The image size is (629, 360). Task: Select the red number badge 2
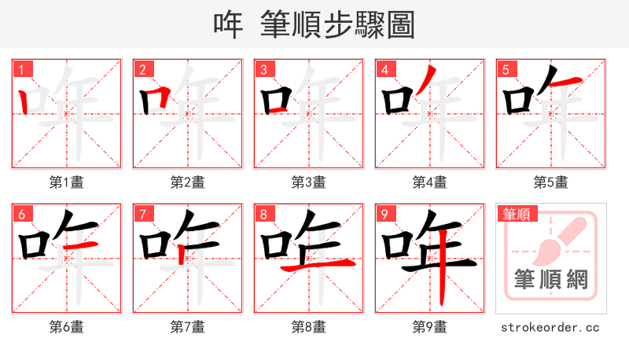(x=142, y=69)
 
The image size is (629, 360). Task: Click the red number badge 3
(x=263, y=69)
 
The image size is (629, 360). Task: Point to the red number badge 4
(x=384, y=69)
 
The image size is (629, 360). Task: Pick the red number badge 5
(x=506, y=69)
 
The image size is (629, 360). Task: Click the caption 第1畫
(x=67, y=182)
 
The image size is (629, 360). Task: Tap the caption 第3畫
(x=309, y=182)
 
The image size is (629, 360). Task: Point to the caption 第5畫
(x=551, y=182)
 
